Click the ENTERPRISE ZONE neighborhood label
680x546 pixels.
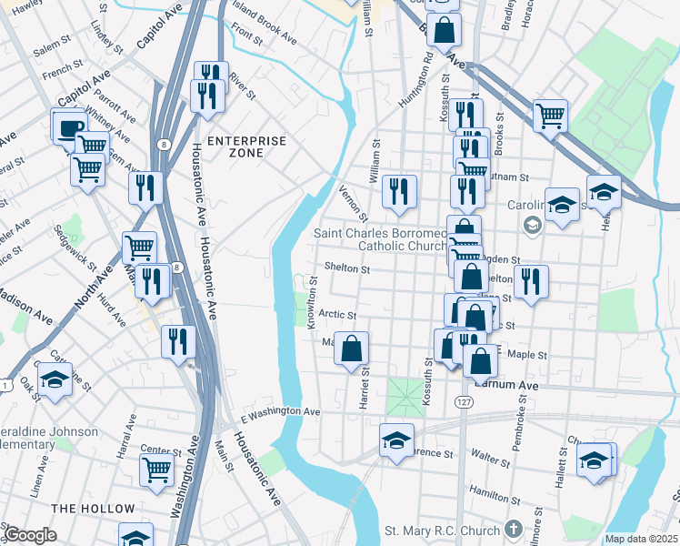246,147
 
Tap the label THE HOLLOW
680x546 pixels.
93,508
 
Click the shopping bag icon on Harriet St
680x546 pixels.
353,349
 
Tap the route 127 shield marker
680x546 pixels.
465,401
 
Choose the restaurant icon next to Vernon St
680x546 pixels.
399,191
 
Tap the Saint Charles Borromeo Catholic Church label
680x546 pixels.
380,239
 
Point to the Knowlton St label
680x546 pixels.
311,304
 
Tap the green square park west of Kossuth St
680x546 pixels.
405,397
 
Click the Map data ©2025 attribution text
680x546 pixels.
641,539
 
